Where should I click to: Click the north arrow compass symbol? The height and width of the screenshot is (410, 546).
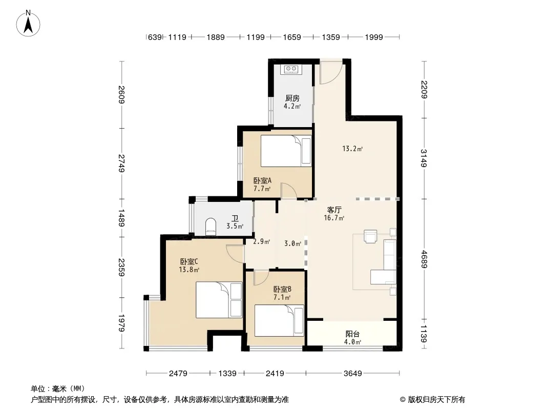28,24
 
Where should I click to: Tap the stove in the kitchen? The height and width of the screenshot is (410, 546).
291,69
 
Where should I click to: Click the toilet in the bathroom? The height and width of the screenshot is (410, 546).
211,227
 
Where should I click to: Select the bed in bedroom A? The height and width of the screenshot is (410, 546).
286,151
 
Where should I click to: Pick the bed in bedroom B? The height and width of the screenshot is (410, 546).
279,320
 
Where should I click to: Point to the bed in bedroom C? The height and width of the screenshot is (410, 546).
219,300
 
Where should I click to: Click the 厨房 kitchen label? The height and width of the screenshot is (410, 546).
292,98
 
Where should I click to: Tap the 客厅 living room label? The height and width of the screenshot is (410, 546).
334,210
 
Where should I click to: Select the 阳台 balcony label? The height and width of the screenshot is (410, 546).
352,334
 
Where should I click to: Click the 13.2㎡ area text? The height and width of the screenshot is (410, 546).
352,149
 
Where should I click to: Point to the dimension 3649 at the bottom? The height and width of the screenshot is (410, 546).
353,374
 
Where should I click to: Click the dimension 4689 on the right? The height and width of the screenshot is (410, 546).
424,259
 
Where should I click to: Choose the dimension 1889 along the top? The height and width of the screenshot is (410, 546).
216,37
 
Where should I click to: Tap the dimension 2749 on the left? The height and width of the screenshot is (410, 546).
121,163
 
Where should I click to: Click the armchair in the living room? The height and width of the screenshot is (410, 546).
370,236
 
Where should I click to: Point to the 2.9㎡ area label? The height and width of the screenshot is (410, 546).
262,241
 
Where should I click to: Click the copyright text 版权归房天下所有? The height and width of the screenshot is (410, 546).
436,400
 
